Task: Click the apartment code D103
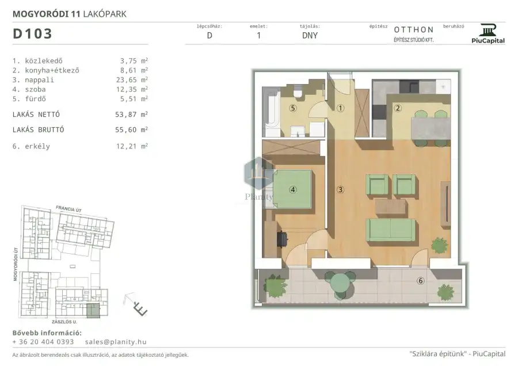point(32,34)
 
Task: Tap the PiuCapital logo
point(488,34)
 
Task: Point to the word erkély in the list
point(37,146)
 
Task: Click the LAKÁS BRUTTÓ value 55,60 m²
point(131,130)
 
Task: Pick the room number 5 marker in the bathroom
point(293,108)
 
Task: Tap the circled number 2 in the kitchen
point(398,108)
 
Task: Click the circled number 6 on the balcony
point(421,281)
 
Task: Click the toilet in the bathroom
point(298,92)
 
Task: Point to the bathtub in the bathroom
point(271,112)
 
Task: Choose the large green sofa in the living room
point(390,230)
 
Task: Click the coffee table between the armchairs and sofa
point(390,208)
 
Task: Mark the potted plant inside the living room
point(439,245)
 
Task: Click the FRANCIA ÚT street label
point(68,209)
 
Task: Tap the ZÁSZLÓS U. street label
point(64,322)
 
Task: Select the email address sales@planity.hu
point(116,342)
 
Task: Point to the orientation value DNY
point(310,36)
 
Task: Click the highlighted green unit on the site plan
point(93,311)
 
